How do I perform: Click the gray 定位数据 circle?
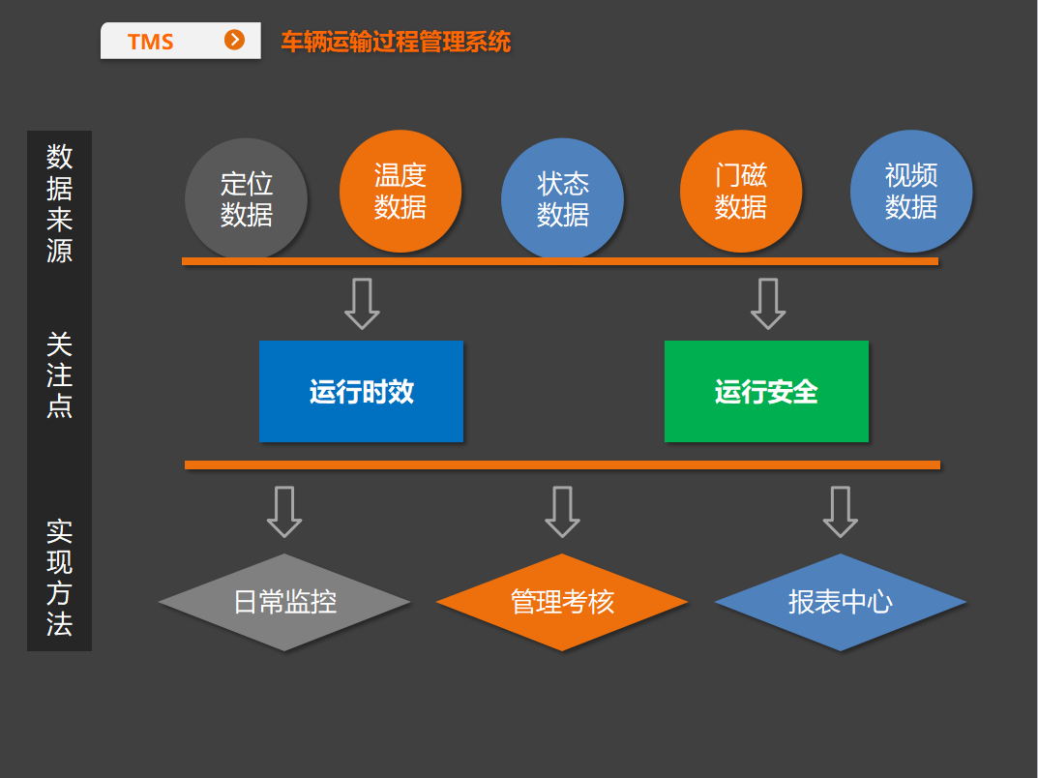(x=246, y=199)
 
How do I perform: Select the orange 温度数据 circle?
(x=400, y=191)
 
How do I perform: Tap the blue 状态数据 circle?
(x=562, y=199)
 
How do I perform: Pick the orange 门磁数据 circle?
(x=741, y=191)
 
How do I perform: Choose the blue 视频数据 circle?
(x=911, y=191)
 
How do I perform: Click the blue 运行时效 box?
(x=361, y=391)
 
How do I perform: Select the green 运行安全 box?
(x=766, y=391)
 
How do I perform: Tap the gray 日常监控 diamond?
(x=284, y=602)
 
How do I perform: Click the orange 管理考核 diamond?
(x=562, y=602)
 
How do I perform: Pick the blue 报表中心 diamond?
(x=840, y=602)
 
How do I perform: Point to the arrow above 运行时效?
(x=362, y=303)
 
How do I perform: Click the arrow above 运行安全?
(x=768, y=303)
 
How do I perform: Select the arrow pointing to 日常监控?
(x=284, y=511)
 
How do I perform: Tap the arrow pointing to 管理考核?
(x=562, y=511)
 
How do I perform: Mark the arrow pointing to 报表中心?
(x=840, y=511)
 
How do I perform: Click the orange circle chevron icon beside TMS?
(x=234, y=40)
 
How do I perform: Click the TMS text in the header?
(x=150, y=42)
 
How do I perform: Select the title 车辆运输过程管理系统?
(x=396, y=42)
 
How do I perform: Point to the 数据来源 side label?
(x=59, y=203)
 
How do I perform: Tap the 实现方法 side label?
(x=59, y=578)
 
